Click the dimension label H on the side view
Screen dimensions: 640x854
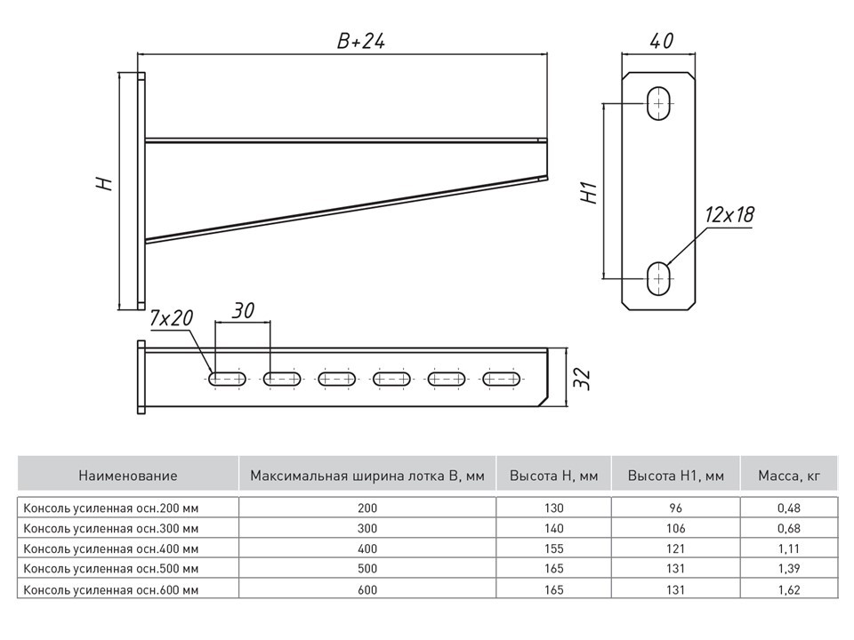pyautogui.click(x=105, y=184)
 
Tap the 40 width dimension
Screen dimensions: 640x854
pyautogui.click(x=659, y=41)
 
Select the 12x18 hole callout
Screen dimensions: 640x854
pyautogui.click(x=729, y=214)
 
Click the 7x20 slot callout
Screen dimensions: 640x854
pyautogui.click(x=172, y=317)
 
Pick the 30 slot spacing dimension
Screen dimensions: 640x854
pyautogui.click(x=243, y=310)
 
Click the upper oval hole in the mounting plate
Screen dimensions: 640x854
pyautogui.click(x=659, y=103)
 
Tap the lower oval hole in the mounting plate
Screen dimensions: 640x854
pyautogui.click(x=659, y=277)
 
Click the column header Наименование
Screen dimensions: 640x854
pyautogui.click(x=127, y=476)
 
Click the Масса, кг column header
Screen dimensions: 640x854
pyautogui.click(x=788, y=476)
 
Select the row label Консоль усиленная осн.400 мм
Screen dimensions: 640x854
pyautogui.click(x=111, y=548)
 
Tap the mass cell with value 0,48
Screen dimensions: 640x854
pyautogui.click(x=788, y=508)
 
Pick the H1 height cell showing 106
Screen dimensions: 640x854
pyautogui.click(x=675, y=528)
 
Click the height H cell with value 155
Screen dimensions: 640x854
pyautogui.click(x=554, y=548)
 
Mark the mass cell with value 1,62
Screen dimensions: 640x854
pyautogui.click(x=788, y=588)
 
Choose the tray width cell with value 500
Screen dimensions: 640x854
pyautogui.click(x=367, y=568)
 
